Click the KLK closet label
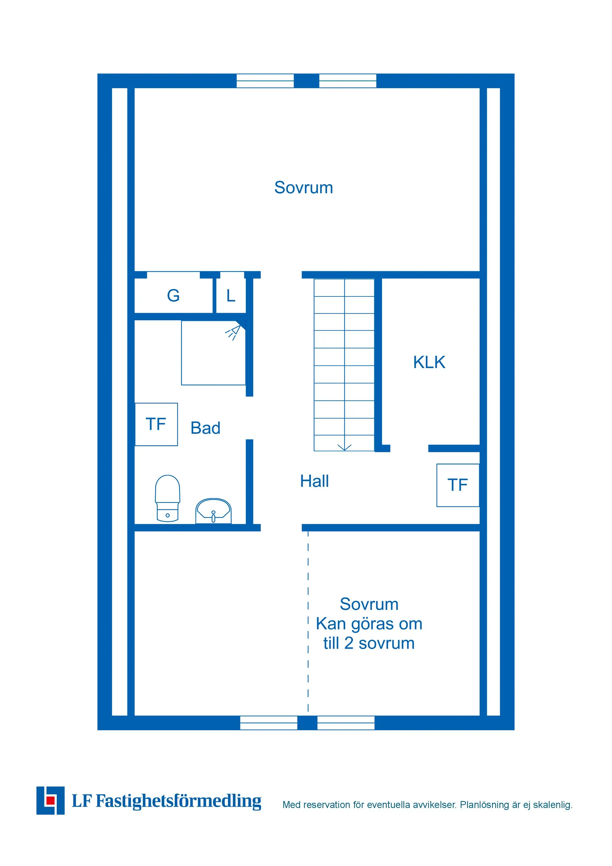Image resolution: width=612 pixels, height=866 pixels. click(429, 362)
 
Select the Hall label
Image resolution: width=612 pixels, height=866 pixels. click(314, 481)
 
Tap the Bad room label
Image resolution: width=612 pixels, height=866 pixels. click(205, 428)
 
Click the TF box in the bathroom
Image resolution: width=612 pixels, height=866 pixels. click(156, 424)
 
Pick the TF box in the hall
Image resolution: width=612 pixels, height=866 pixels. click(457, 485)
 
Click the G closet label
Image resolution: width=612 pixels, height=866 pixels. click(173, 295)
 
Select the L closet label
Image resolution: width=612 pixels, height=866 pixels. click(231, 295)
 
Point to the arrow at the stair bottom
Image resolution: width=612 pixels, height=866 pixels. click(344, 448)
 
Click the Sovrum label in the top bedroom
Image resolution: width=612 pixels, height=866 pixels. click(303, 187)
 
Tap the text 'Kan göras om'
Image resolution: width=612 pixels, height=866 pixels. click(369, 624)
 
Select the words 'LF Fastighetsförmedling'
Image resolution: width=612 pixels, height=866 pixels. click(166, 801)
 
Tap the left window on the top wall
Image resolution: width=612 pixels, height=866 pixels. click(265, 81)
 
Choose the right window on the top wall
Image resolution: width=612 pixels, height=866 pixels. click(348, 81)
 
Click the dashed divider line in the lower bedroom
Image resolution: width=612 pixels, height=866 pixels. click(308, 622)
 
